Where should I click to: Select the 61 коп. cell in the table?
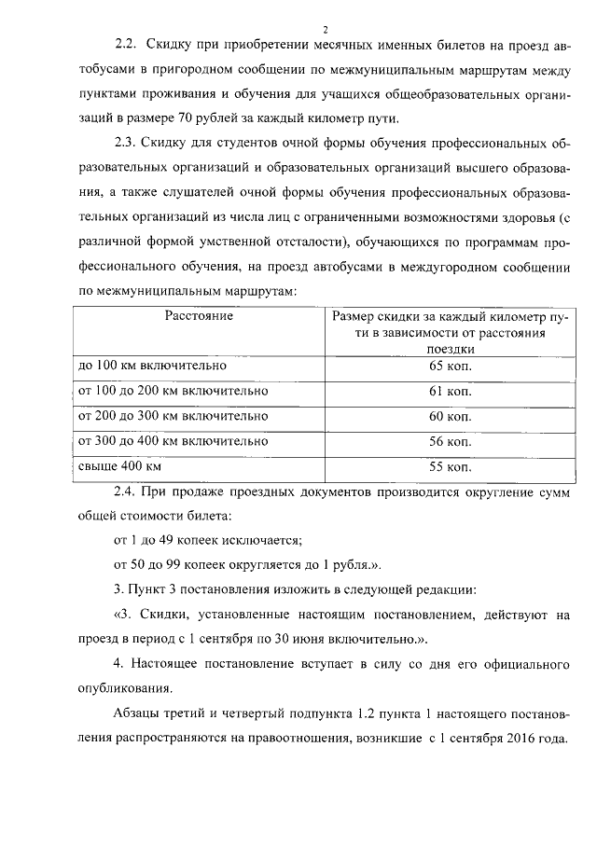[x=451, y=391]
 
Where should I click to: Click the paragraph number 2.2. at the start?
[x=126, y=45]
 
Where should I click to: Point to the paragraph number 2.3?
[x=126, y=143]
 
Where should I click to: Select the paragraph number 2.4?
[x=126, y=491]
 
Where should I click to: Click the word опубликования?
[x=125, y=689]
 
